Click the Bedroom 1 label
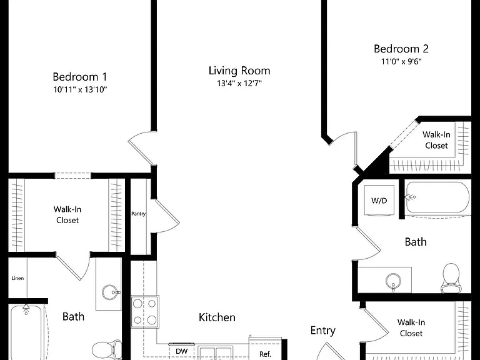click(79, 76)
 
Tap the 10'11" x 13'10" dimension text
click(80, 90)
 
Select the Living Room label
click(239, 71)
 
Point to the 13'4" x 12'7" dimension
click(239, 83)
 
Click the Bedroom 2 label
click(401, 49)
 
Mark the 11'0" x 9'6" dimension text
click(401, 61)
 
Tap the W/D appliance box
click(379, 201)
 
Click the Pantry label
click(138, 214)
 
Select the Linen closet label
click(17, 278)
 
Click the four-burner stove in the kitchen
click(145, 312)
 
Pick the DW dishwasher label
click(181, 351)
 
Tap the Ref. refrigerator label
click(265, 354)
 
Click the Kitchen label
click(217, 317)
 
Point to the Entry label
click(322, 331)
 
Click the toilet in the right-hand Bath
click(451, 278)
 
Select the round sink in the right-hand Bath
click(393, 281)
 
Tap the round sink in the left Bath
click(109, 292)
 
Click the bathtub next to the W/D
click(437, 197)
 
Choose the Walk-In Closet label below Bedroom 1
click(67, 214)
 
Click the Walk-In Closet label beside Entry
click(411, 327)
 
